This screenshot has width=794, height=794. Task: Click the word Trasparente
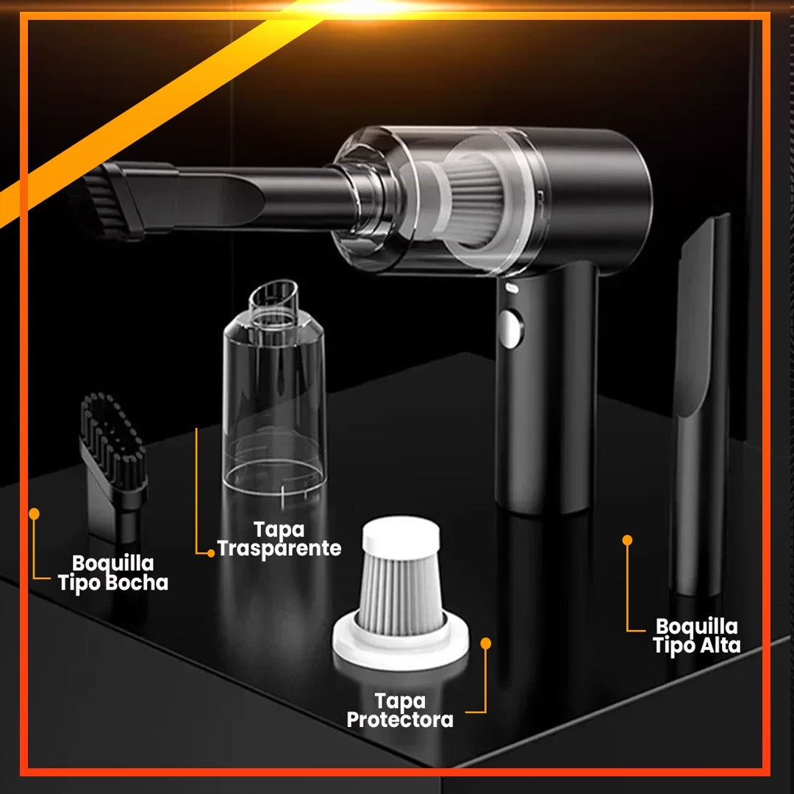click(279, 548)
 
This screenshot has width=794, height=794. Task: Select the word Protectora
click(400, 720)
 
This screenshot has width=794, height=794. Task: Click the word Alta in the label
click(720, 645)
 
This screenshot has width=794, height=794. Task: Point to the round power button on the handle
click(509, 329)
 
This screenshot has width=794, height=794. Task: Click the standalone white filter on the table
click(401, 593)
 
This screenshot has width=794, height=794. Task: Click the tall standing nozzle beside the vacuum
click(701, 405)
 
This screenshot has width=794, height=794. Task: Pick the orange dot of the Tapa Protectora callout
click(486, 643)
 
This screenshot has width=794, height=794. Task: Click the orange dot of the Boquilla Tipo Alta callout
click(627, 540)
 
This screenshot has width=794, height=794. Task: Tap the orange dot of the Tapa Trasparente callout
click(211, 554)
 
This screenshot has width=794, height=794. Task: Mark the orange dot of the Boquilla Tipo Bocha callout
click(34, 514)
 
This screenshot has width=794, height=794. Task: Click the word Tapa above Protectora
click(400, 701)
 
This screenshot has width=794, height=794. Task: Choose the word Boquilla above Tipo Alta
click(697, 626)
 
